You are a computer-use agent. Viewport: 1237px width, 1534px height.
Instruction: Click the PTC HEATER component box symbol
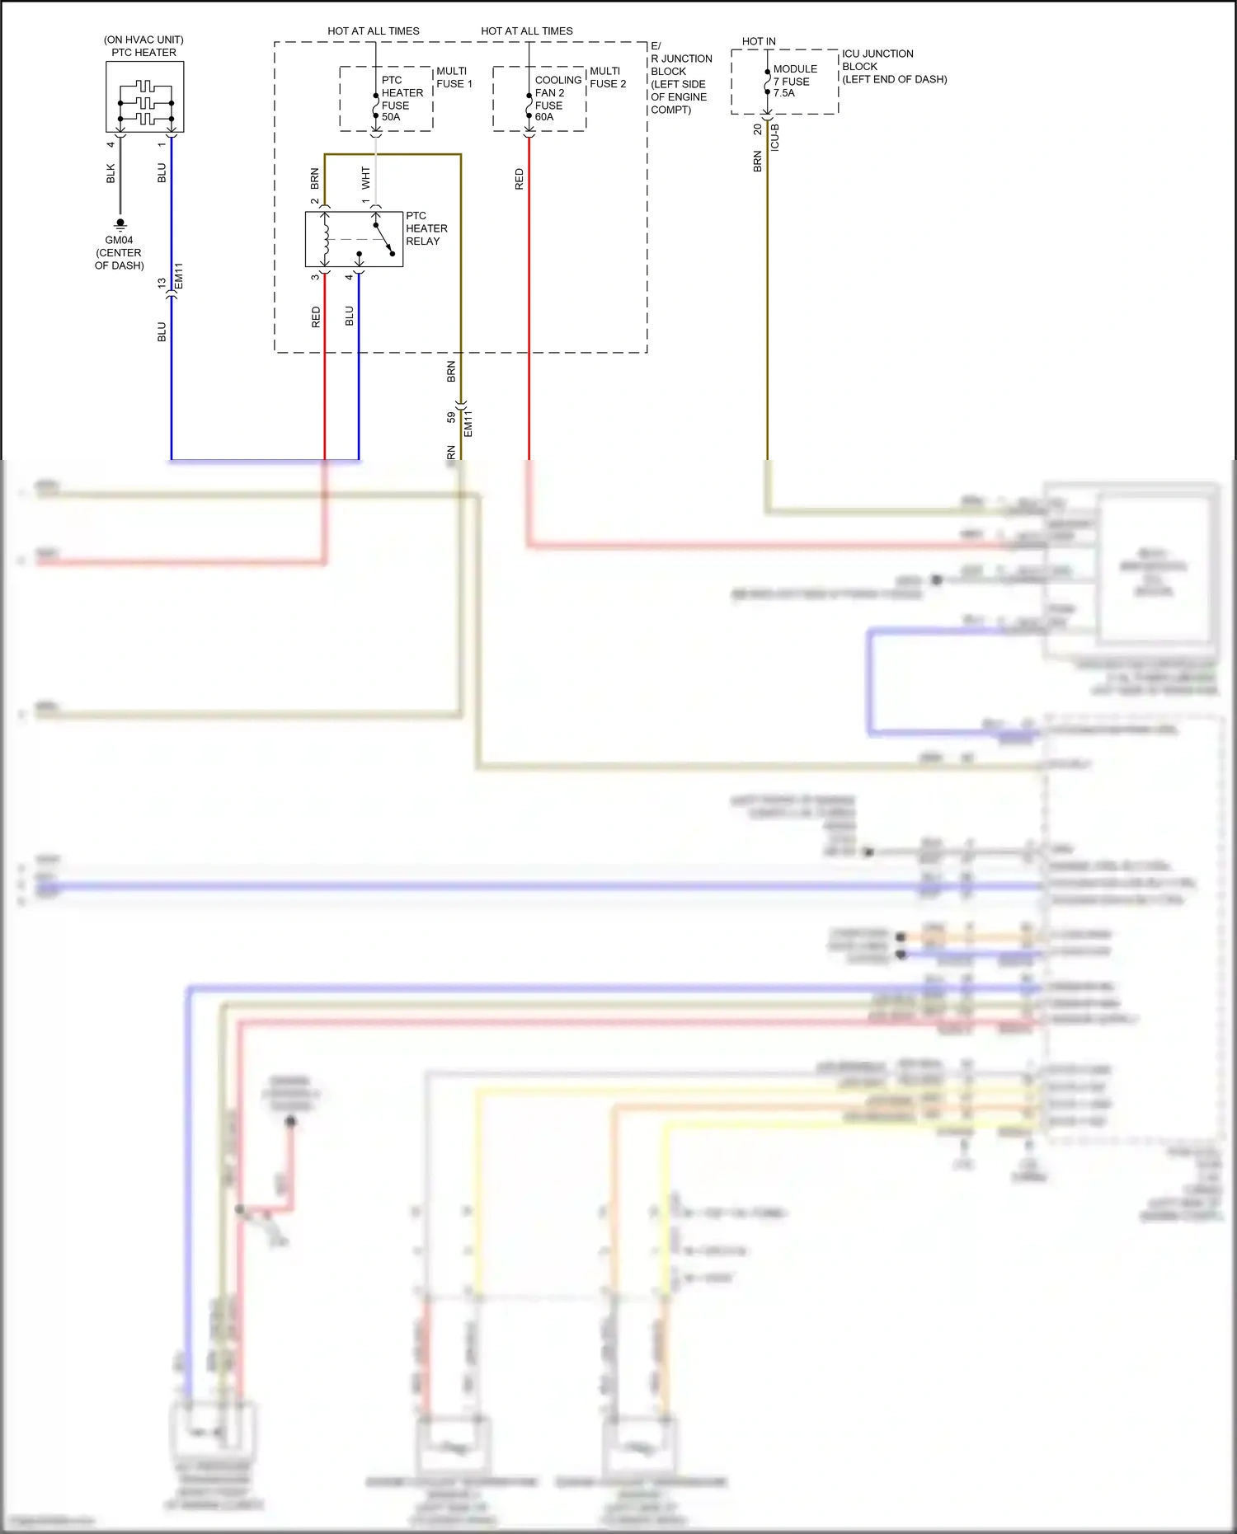[x=144, y=96]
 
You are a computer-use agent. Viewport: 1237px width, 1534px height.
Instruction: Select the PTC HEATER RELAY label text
[x=426, y=228]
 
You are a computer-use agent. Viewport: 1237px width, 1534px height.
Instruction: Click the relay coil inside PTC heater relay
[x=326, y=239]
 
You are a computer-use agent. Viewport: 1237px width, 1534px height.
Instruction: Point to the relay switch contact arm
[x=384, y=239]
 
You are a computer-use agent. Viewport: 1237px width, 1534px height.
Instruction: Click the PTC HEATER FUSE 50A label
[x=402, y=98]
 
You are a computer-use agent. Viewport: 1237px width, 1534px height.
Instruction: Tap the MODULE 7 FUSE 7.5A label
[x=794, y=81]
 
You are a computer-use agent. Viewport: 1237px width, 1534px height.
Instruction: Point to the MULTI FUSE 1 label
[x=454, y=77]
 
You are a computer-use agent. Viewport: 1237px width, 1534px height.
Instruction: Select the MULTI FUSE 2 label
[x=608, y=77]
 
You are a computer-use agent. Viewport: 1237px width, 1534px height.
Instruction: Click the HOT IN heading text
[x=758, y=41]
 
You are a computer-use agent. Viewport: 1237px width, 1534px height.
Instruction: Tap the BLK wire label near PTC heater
[x=111, y=173]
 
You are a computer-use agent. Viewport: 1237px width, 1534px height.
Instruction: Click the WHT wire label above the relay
[x=365, y=176]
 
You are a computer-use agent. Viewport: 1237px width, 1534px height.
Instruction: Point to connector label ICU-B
[x=774, y=137]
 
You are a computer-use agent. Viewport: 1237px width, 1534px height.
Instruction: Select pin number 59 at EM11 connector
[x=450, y=417]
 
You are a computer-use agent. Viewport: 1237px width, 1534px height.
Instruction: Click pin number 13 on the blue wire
[x=162, y=283]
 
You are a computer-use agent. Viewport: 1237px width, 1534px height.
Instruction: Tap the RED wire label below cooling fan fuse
[x=519, y=179]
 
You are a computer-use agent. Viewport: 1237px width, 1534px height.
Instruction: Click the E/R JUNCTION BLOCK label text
[x=680, y=77]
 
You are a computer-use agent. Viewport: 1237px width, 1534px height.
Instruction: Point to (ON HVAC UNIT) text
[x=143, y=40]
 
